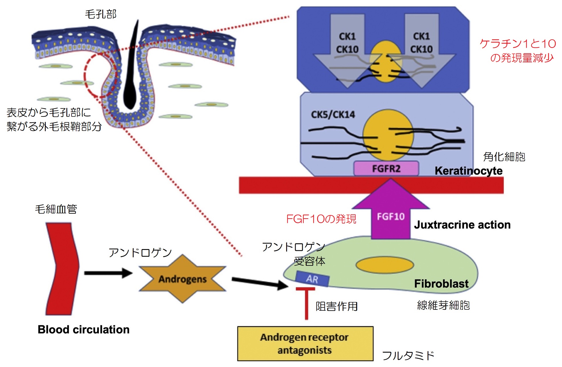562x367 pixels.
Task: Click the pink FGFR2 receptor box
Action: click(x=386, y=169)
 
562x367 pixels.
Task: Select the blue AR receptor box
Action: click(x=312, y=279)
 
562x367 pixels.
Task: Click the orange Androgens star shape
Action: click(x=182, y=279)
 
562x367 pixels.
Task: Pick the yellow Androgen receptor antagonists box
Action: click(x=305, y=343)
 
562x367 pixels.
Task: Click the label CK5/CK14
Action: click(x=333, y=115)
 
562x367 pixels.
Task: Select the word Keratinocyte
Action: click(x=469, y=171)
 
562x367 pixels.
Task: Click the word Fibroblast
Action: click(x=441, y=284)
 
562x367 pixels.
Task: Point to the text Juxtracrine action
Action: click(x=462, y=225)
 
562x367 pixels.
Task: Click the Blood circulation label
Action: click(x=84, y=330)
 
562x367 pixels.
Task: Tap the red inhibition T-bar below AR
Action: click(x=306, y=302)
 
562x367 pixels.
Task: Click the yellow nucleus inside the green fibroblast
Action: click(x=385, y=265)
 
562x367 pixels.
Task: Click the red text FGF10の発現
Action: click(x=321, y=219)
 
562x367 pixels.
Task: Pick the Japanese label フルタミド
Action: click(x=408, y=356)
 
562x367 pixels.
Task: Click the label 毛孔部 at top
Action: click(x=101, y=14)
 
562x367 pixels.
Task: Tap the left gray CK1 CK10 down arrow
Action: click(x=347, y=49)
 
